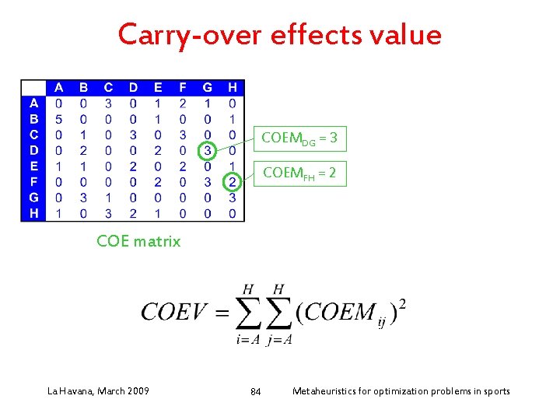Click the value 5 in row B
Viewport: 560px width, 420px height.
[59, 118]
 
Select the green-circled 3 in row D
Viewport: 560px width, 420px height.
[208, 149]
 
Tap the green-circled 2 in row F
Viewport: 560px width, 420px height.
[232, 181]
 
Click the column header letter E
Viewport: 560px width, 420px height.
[158, 87]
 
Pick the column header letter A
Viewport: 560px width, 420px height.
[59, 87]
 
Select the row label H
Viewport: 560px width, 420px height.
[33, 213]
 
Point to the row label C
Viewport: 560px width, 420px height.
[33, 134]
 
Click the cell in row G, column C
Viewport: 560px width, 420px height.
[108, 198]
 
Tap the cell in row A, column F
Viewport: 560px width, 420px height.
[183, 103]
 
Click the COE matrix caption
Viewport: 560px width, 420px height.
[138, 241]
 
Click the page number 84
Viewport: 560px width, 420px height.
[256, 391]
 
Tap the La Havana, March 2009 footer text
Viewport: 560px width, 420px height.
[99, 390]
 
